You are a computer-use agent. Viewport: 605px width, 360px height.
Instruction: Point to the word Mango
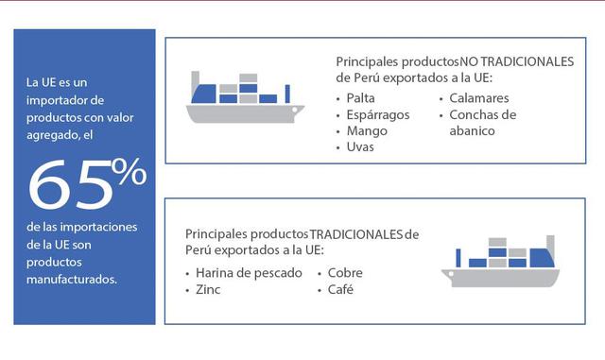coord(367,131)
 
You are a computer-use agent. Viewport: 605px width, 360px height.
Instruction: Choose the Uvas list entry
coord(361,147)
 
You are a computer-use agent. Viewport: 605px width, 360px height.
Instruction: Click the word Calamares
coord(479,98)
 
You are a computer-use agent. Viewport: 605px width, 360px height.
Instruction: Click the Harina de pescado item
coord(250,273)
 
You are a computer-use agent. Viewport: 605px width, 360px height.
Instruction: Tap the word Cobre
coord(345,273)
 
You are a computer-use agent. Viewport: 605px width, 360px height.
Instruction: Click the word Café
coord(340,289)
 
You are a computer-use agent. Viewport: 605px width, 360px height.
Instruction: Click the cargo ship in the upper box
coord(245,98)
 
